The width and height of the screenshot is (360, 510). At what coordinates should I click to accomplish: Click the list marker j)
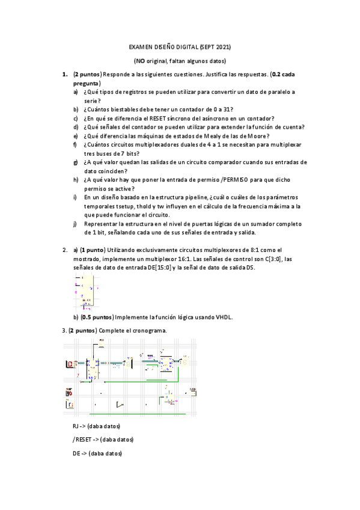click(75, 224)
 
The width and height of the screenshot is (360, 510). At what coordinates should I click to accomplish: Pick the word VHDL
click(224, 317)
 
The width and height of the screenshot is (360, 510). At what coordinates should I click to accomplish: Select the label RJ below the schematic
click(75, 426)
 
